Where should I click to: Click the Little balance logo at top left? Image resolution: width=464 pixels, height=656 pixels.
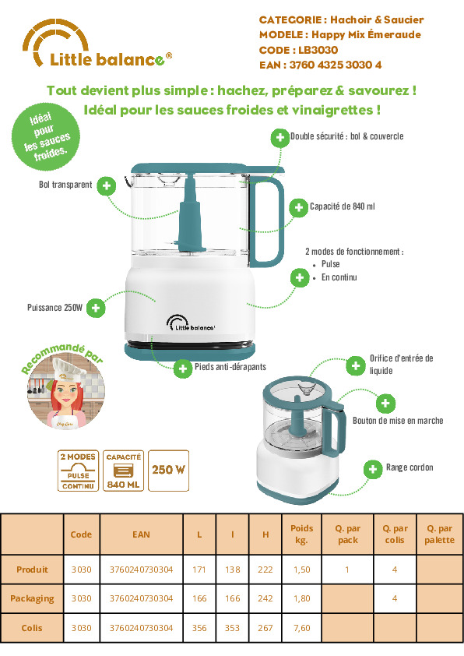click(97, 44)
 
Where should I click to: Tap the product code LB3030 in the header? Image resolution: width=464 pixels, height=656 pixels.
click(318, 50)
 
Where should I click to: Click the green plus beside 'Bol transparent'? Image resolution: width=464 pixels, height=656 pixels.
click(107, 185)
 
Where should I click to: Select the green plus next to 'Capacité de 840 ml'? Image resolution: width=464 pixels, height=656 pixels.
click(298, 207)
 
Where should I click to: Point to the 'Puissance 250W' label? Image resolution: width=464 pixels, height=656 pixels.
click(54, 308)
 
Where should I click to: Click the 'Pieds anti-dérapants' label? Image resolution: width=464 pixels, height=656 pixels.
click(230, 367)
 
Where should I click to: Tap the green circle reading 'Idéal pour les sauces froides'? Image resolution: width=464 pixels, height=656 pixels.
click(46, 137)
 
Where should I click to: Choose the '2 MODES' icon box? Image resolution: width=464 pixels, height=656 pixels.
click(78, 471)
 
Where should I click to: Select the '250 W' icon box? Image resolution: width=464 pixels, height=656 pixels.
click(168, 471)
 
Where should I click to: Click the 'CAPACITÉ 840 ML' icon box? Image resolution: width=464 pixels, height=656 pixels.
click(123, 471)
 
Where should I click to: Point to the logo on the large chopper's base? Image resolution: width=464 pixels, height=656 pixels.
click(191, 323)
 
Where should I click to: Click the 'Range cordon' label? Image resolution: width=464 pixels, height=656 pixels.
click(410, 467)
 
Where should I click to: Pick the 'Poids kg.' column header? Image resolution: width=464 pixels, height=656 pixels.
click(302, 534)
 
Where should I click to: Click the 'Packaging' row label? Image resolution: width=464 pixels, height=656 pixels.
click(32, 598)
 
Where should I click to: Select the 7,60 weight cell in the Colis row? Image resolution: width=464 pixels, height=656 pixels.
click(302, 628)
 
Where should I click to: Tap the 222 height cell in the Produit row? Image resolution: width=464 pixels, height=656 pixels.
click(265, 570)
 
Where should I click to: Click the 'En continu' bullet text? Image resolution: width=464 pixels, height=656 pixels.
click(339, 277)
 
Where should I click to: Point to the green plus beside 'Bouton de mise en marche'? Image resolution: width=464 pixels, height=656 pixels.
click(385, 404)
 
